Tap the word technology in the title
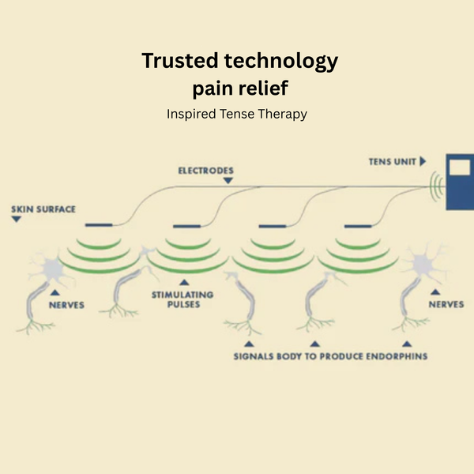pyautogui.click(x=280, y=60)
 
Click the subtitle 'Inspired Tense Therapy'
pyautogui.click(x=236, y=114)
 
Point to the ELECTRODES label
pyautogui.click(x=205, y=170)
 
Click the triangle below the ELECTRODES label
pyautogui.click(x=228, y=180)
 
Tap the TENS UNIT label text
pyautogui.click(x=391, y=161)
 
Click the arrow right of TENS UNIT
pyautogui.click(x=423, y=161)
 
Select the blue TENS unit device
pyautogui.click(x=460, y=182)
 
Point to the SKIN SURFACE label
pyautogui.click(x=43, y=209)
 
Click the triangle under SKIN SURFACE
pyautogui.click(x=16, y=219)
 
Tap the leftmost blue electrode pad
pyautogui.click(x=98, y=227)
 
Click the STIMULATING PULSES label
pyautogui.click(x=182, y=299)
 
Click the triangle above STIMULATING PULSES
pyautogui.click(x=183, y=281)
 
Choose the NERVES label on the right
pyautogui.click(x=446, y=303)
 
